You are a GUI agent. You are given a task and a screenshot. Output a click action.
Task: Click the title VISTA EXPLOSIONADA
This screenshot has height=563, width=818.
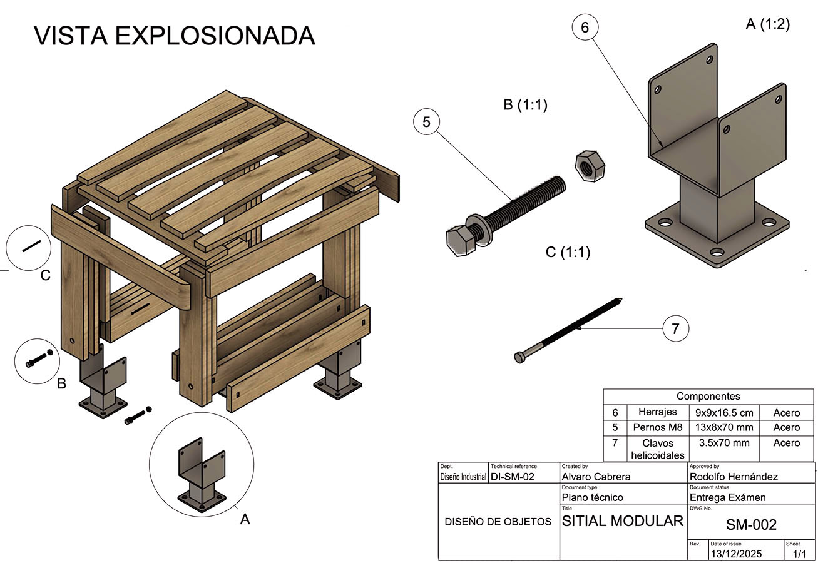[x=174, y=36]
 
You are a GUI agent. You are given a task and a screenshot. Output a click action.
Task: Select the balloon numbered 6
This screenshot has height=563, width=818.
[x=585, y=28]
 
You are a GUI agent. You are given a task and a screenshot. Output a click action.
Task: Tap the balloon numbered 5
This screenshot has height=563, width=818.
[x=426, y=122]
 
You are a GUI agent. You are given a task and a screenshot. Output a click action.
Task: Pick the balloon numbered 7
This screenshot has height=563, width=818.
[x=675, y=328]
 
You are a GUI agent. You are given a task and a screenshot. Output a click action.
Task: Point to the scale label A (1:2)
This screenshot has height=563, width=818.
[x=768, y=24]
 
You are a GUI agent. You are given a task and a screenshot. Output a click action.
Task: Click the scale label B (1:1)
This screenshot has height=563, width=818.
[x=525, y=105]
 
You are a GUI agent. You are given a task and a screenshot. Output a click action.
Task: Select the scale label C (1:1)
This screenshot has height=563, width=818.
[x=568, y=252]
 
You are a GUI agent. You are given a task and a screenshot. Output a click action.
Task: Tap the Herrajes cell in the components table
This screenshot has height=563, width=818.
[x=657, y=412]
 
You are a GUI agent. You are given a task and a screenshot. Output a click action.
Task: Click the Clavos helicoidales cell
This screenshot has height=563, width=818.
[x=657, y=449]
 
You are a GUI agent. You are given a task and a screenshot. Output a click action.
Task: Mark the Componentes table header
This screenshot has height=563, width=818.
[x=708, y=397]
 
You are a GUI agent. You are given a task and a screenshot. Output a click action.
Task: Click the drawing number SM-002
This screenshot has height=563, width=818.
[x=751, y=525]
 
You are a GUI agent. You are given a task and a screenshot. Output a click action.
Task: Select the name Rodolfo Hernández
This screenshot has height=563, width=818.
[x=734, y=477]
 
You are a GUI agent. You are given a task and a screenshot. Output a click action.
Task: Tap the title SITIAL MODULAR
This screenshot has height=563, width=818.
[x=623, y=521]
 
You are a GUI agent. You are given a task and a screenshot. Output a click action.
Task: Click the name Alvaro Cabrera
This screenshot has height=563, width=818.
[x=596, y=477]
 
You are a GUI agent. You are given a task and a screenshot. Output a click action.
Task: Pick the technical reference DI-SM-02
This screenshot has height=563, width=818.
[x=513, y=477]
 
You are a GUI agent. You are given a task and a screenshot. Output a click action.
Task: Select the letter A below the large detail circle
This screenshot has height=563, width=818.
[x=245, y=519]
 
